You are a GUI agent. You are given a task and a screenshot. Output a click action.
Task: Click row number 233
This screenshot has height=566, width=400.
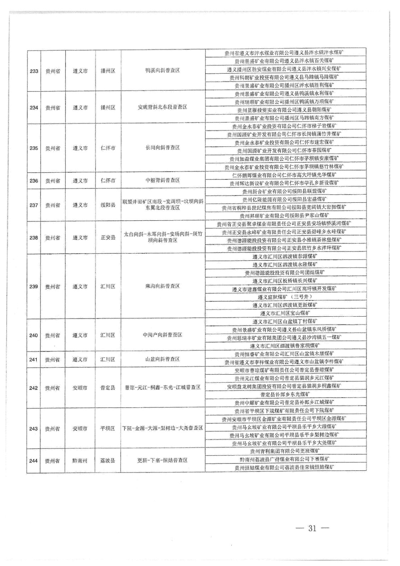click(34, 71)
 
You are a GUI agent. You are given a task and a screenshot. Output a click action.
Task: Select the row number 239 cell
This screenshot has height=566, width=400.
click(34, 287)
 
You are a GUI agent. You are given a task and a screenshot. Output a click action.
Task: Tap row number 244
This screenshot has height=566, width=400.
click(34, 461)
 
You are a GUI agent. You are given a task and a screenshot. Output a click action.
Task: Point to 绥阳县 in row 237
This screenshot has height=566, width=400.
click(108, 205)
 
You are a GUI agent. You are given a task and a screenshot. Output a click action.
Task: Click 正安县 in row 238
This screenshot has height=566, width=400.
click(108, 238)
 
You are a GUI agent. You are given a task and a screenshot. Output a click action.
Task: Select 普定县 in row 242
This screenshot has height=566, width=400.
click(108, 388)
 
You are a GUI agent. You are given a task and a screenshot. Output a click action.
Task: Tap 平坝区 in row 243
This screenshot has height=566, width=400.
click(108, 429)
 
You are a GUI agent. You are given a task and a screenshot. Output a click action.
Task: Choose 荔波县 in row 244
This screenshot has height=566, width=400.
click(108, 461)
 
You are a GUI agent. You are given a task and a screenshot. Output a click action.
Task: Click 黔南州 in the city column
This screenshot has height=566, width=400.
click(80, 461)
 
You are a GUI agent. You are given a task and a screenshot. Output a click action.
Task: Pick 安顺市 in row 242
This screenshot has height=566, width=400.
click(80, 388)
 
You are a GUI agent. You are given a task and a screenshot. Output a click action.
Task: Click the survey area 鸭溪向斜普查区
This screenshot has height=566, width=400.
click(163, 70)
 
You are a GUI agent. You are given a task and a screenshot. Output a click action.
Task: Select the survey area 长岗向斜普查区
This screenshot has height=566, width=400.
click(163, 148)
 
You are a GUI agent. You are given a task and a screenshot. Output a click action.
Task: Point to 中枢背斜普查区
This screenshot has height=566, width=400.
click(163, 180)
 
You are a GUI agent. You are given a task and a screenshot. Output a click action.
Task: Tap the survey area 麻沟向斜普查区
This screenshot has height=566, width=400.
click(163, 286)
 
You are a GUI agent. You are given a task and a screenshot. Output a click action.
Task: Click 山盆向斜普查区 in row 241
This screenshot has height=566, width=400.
click(163, 359)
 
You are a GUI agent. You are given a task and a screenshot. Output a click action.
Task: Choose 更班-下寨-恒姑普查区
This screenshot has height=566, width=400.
click(163, 461)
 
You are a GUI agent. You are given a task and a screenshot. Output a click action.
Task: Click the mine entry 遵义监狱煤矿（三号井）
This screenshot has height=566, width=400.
click(285, 297)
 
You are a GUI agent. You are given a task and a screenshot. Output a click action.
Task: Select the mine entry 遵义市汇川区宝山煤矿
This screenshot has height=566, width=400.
click(285, 313)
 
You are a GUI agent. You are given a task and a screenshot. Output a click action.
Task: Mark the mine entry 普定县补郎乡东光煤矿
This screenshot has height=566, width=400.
click(285, 394)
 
